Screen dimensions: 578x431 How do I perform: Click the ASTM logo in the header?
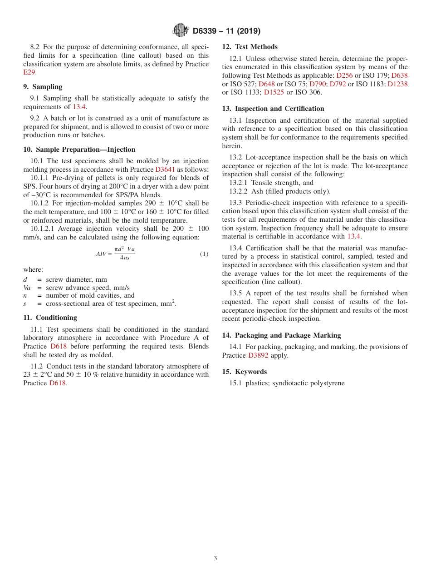pyautogui.click(x=180, y=30)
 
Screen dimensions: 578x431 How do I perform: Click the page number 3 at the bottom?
pyautogui.click(x=215, y=558)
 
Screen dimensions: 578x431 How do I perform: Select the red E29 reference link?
pyautogui.click(x=29, y=72)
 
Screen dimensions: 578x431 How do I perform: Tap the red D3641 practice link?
pyautogui.click(x=165, y=169)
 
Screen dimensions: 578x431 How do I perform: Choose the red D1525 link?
pyautogui.click(x=274, y=92)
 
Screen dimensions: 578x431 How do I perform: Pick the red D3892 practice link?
pyautogui.click(x=258, y=355)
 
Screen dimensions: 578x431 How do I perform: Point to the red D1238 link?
pyautogui.click(x=397, y=84)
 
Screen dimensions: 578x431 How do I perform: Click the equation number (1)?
pyautogui.click(x=204, y=254)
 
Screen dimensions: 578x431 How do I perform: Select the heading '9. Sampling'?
pyautogui.click(x=43, y=87)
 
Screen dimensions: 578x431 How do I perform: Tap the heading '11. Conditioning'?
pyautogui.click(x=50, y=318)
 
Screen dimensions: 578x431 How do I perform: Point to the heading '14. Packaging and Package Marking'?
pyautogui.click(x=281, y=335)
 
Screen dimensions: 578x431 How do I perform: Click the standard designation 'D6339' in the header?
pyautogui.click(x=206, y=31)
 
